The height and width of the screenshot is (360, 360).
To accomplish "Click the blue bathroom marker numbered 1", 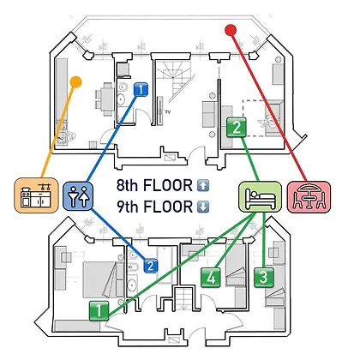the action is coord(141,89).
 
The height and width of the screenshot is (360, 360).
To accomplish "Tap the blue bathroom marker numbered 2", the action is coord(151,266).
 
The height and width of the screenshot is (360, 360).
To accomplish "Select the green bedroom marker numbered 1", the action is coord(99,310).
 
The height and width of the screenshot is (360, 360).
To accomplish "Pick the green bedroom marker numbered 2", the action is coord(237,127).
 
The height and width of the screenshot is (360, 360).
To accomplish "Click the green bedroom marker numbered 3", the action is coord(264,277).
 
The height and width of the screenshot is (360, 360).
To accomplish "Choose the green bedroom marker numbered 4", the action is coord(211,277).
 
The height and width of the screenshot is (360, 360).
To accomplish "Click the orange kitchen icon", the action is coord(36,195).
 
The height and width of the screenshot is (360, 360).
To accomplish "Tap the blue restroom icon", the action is coord(78,196).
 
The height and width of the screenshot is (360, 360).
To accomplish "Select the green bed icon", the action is coord(260,196).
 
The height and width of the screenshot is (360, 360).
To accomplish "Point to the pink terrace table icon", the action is coord(309,197).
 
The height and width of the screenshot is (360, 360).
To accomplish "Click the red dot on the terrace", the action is coord(231,30).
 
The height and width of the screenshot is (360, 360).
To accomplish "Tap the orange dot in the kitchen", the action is coord(75,82).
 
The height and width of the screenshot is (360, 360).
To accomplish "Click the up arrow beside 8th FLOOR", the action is coord(203,186).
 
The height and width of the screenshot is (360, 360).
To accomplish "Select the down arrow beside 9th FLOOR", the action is coord(203,207).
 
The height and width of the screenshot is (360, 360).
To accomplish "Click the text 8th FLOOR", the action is coord(154,185).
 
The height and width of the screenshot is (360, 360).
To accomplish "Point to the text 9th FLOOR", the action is coord(154,207).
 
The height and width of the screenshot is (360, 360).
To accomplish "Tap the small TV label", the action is coord(168,112).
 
